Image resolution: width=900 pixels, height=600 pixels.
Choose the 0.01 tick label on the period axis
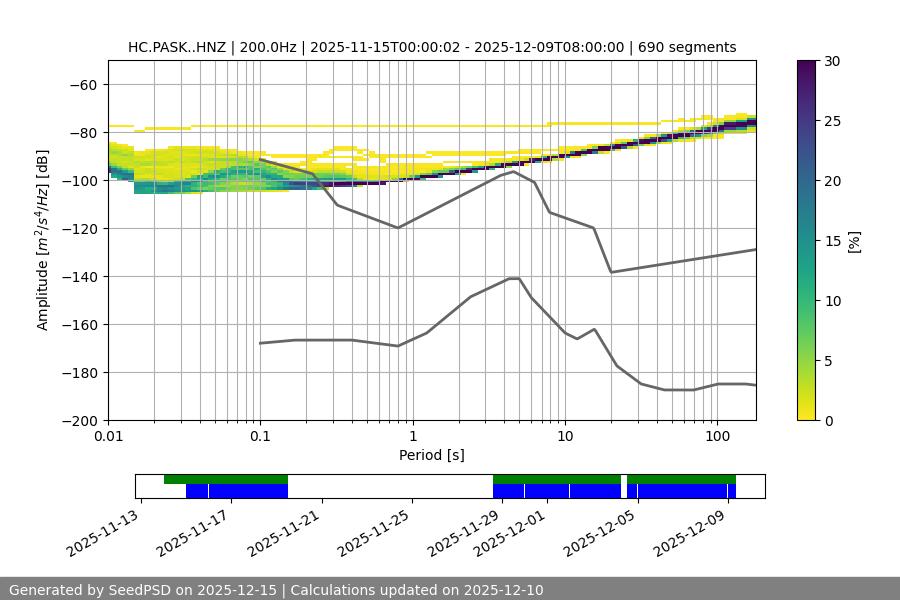pyautogui.click(x=108, y=438)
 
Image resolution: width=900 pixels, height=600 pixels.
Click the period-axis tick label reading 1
pyautogui.click(x=412, y=438)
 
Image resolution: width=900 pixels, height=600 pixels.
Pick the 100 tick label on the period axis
pyautogui.click(x=717, y=438)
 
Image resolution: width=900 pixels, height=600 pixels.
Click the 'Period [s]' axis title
pyautogui.click(x=432, y=455)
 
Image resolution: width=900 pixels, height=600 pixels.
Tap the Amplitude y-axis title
pyautogui.click(x=43, y=240)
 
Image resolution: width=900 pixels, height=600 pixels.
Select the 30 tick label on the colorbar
pyautogui.click(x=831, y=61)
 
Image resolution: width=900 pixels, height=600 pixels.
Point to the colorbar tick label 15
pyautogui.click(x=831, y=240)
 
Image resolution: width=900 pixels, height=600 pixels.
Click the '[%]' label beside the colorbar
pyautogui.click(x=854, y=240)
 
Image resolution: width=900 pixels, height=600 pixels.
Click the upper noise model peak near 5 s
pyautogui.click(x=514, y=171)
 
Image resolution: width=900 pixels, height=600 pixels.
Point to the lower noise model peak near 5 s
pyautogui.click(x=514, y=278)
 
